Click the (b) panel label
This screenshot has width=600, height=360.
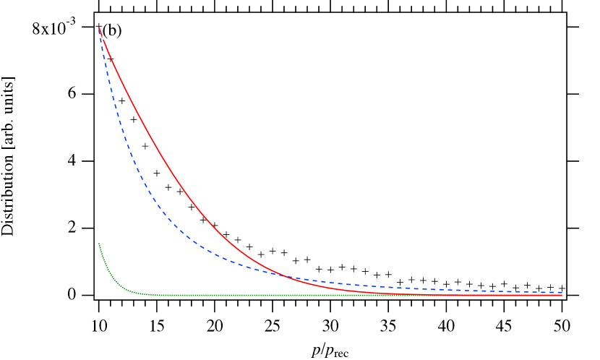[111, 30]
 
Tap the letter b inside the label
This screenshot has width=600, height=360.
[111, 30]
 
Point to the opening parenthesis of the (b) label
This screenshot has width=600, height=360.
[106, 30]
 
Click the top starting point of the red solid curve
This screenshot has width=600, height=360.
[99, 27]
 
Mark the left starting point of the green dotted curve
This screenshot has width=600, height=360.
[99, 244]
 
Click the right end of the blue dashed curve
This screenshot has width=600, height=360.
[562, 292]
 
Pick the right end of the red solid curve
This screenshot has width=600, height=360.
[562, 295]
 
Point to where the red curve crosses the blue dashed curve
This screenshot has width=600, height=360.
[284, 275]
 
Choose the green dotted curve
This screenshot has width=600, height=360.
[289, 295]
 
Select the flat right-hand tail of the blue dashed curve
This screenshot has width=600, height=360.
[470, 291]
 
